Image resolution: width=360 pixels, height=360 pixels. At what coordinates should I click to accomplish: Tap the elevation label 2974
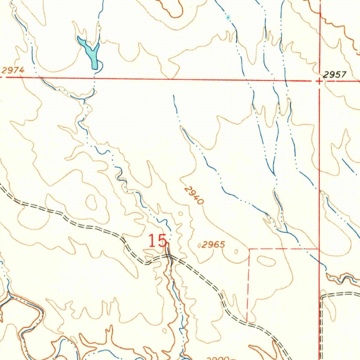13,70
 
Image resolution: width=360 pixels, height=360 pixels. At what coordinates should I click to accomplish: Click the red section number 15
157,242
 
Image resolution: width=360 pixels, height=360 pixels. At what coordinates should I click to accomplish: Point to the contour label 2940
194,196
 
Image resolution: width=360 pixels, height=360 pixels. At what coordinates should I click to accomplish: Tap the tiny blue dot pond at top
228,17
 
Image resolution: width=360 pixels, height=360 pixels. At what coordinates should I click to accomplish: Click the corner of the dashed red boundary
249,249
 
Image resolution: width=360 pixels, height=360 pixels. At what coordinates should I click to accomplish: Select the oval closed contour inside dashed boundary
266,261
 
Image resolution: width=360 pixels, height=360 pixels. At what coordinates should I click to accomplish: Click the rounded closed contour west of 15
92,202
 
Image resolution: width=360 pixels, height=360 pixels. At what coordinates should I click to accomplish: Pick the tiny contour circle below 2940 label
181,213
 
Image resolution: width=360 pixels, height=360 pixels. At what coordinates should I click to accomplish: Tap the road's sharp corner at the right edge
322,296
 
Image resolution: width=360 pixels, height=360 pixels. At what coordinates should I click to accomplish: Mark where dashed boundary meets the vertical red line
319,249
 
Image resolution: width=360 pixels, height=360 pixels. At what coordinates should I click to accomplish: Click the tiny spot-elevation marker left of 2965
199,246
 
